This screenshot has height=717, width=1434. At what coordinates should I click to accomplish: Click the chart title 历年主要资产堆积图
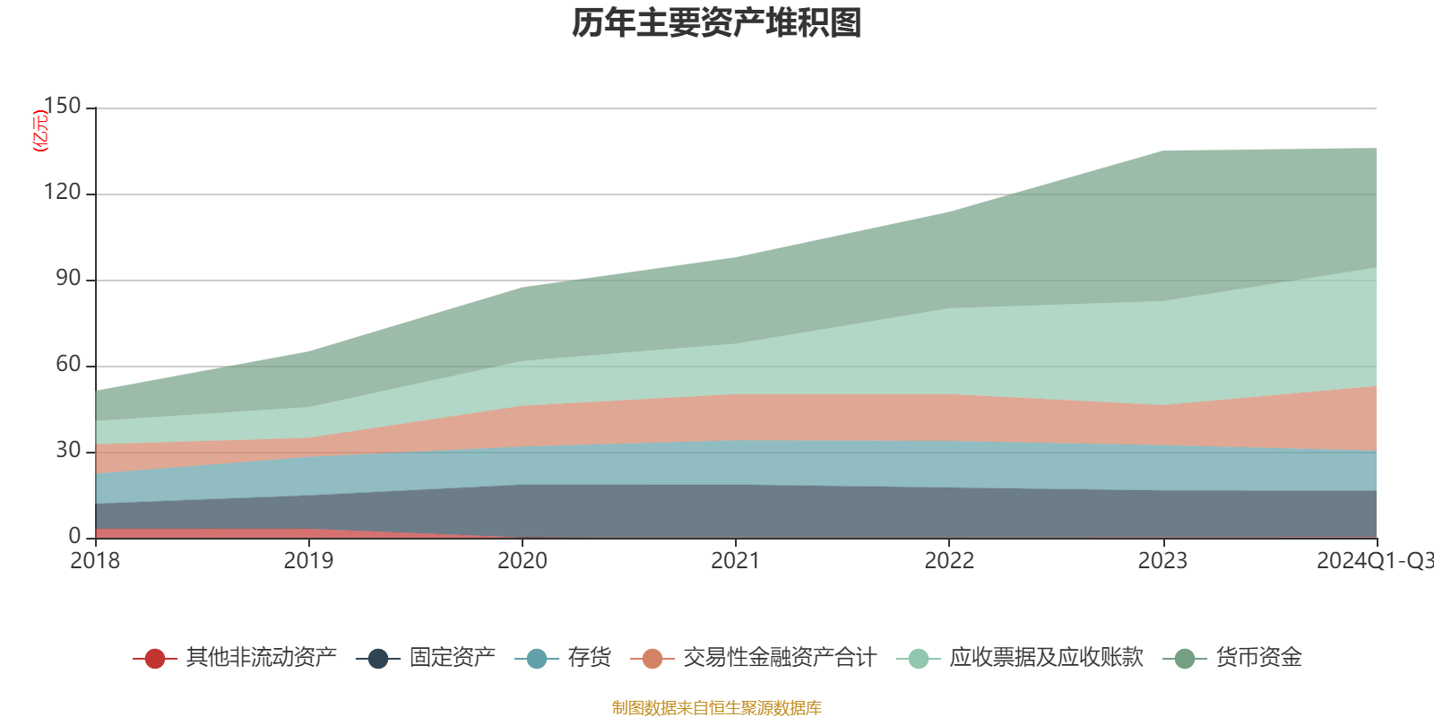tap(717, 23)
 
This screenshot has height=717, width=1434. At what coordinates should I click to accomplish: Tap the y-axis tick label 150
tap(62, 107)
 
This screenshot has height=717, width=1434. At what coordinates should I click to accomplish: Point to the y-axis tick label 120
tap(62, 193)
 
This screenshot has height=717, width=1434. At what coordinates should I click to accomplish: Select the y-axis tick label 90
tap(68, 279)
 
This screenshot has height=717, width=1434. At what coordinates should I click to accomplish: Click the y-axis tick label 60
tap(68, 365)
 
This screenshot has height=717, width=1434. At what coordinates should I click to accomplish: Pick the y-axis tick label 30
tap(68, 451)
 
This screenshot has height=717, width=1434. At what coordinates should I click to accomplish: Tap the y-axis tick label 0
tap(74, 536)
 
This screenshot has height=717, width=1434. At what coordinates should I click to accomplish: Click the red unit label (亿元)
tap(40, 131)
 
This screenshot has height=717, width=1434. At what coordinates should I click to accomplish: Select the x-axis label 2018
tap(95, 561)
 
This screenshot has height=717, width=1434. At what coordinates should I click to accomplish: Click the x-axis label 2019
tap(308, 561)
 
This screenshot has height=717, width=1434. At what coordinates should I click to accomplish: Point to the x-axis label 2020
tap(522, 561)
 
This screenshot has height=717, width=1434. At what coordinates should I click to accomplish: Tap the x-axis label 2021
tap(736, 561)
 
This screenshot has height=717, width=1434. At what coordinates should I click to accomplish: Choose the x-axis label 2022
tap(949, 561)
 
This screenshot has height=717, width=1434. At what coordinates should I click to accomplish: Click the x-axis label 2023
tap(1162, 561)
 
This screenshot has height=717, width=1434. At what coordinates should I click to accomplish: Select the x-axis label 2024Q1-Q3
tap(1373, 561)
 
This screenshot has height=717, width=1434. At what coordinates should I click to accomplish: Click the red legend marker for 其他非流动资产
tap(155, 659)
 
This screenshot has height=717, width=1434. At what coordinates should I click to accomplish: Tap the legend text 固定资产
tap(452, 658)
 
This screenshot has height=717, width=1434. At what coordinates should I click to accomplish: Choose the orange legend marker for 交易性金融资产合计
tap(652, 659)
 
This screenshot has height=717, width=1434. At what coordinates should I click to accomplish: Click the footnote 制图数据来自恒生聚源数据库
tap(717, 708)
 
